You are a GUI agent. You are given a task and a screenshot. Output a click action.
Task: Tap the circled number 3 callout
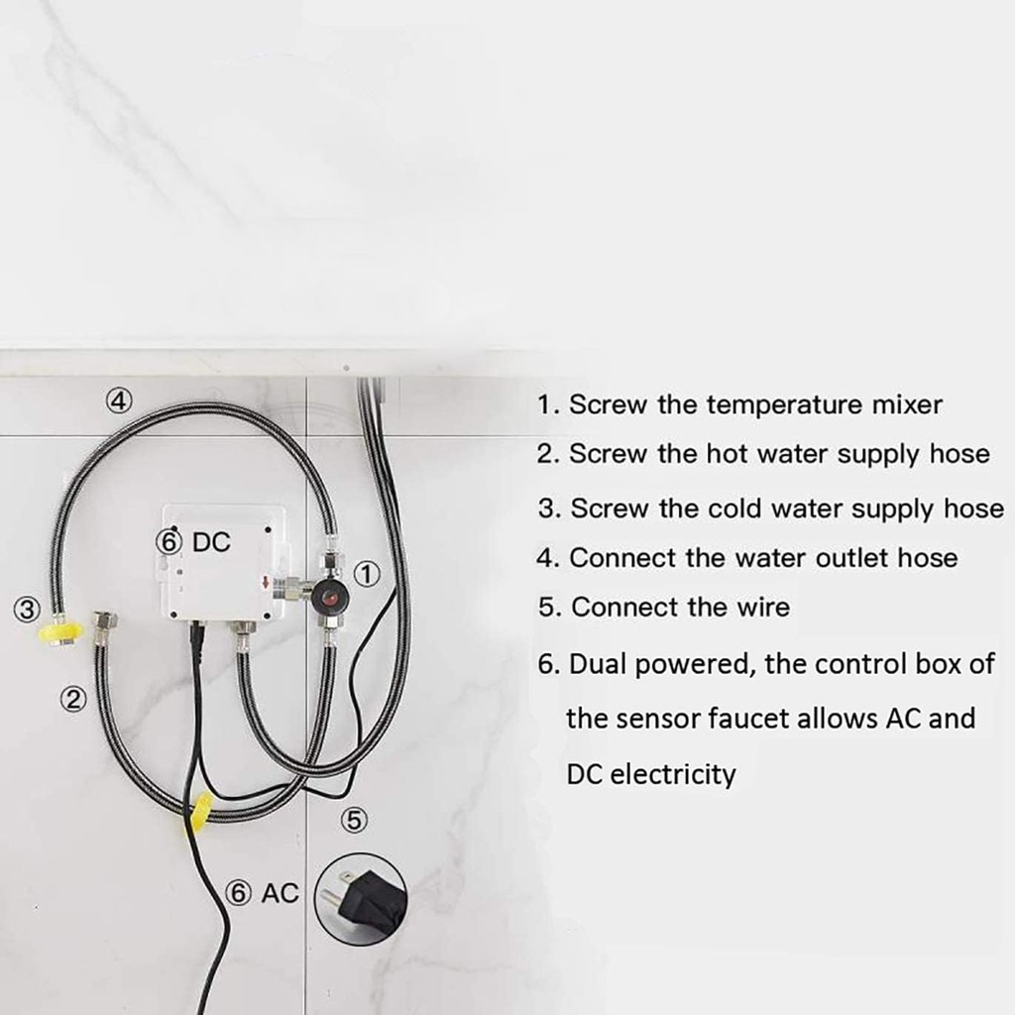pyautogui.click(x=28, y=609)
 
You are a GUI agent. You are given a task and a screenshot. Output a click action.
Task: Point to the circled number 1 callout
pyautogui.click(x=368, y=573)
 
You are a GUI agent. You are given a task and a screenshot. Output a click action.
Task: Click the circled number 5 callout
pyautogui.click(x=354, y=821)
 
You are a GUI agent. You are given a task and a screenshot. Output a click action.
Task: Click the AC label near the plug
pyautogui.click(x=279, y=893)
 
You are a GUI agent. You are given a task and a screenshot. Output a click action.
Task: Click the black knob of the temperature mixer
pyautogui.click(x=329, y=600)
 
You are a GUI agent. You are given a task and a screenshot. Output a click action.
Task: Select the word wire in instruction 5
pyautogui.click(x=762, y=607)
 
